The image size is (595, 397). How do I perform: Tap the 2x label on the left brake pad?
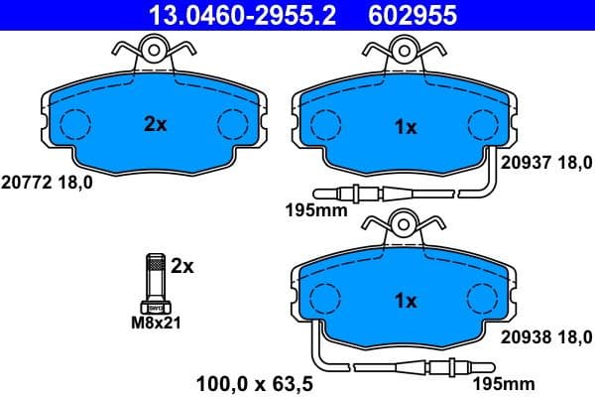click(x=155, y=124)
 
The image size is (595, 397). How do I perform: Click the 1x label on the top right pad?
click(x=406, y=126)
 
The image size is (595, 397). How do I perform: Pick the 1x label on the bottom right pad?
click(x=406, y=300)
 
